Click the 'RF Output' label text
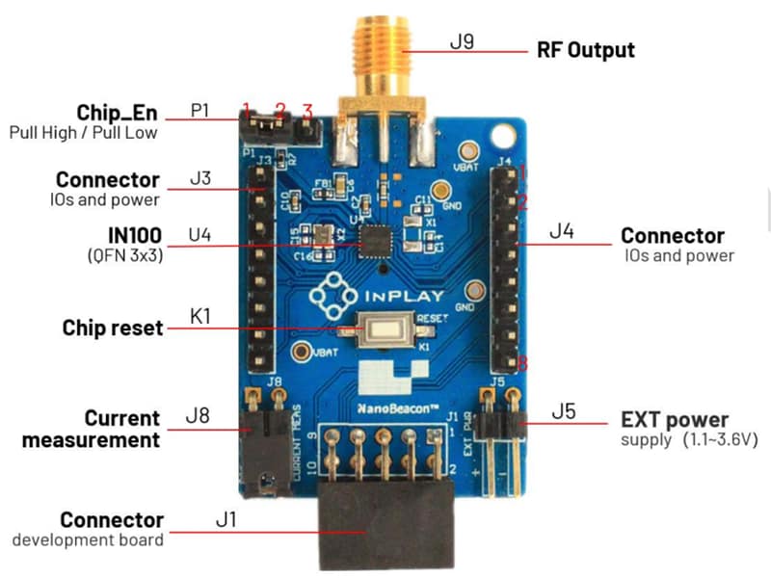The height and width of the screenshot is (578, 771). [x=585, y=49]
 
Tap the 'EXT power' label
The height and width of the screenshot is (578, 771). [x=674, y=420]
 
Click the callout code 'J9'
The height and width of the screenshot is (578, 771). [x=463, y=43]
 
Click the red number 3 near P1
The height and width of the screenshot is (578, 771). [x=307, y=109]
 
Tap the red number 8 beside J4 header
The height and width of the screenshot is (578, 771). [x=521, y=364]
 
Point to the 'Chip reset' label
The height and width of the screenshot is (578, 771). [x=112, y=328]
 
